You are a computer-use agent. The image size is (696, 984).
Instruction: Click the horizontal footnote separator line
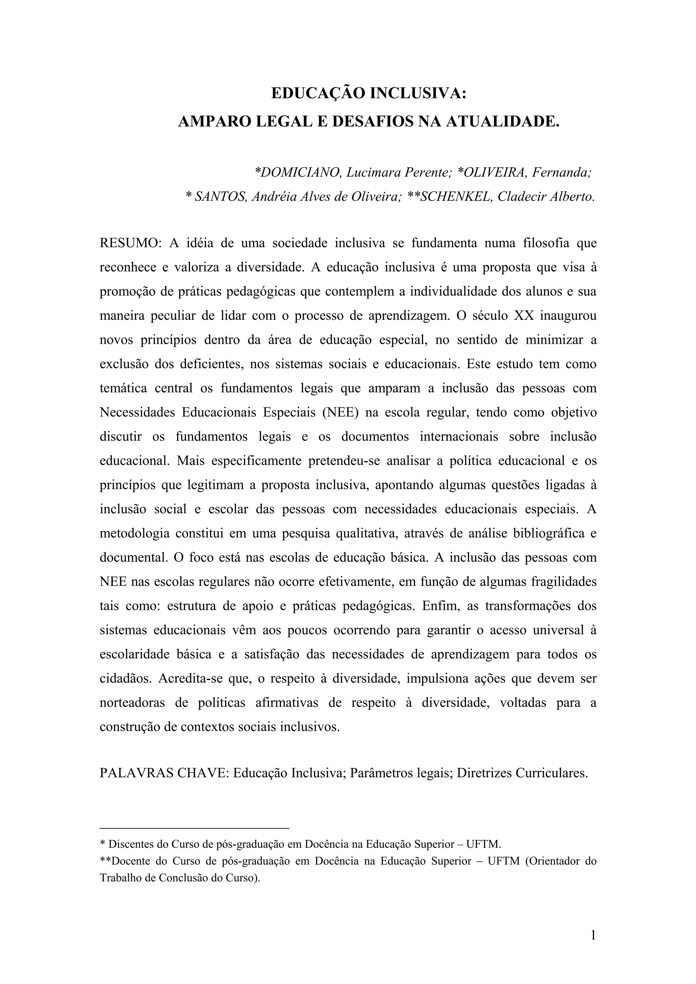[194, 828]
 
